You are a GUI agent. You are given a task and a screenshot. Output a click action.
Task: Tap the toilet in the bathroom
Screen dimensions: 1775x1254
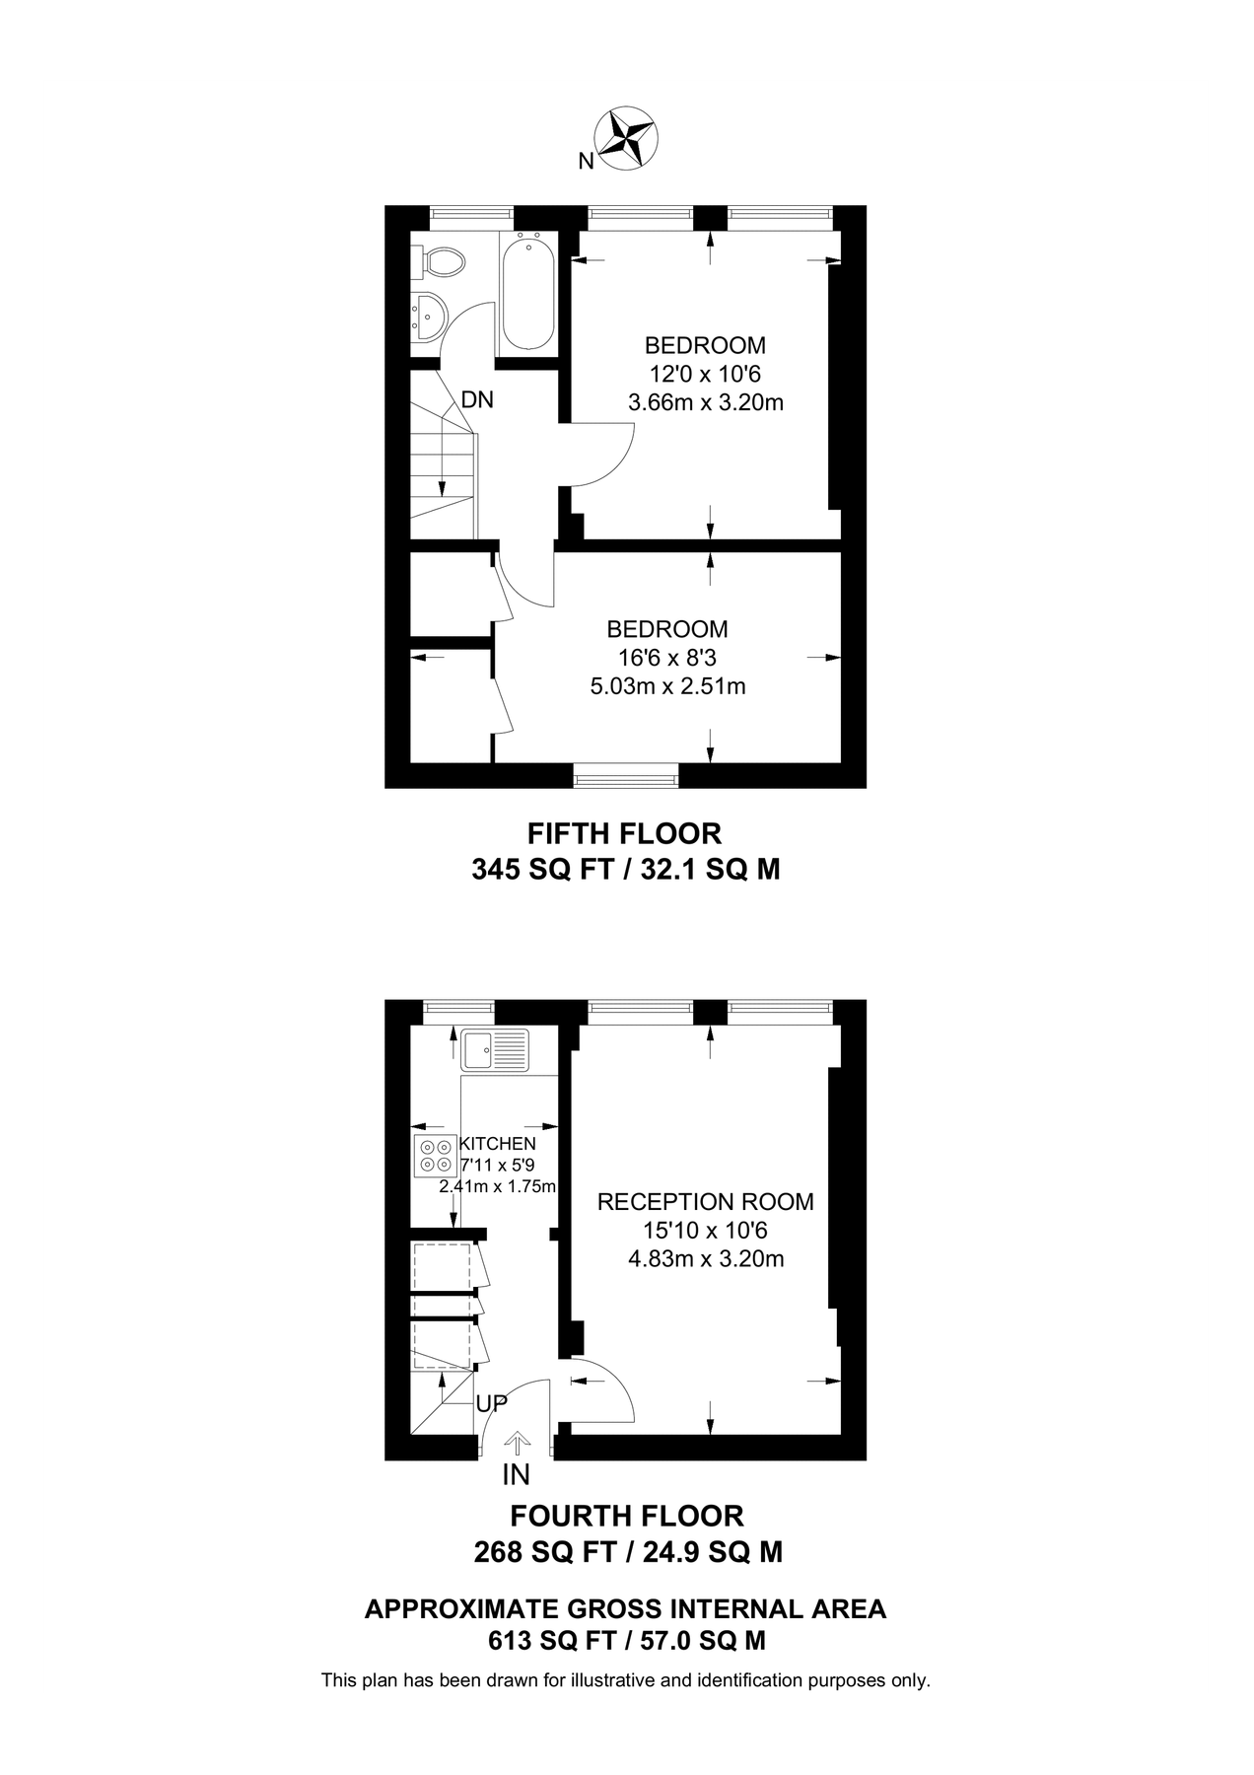[441, 261]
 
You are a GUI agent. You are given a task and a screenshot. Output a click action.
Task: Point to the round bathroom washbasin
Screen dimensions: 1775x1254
[429, 317]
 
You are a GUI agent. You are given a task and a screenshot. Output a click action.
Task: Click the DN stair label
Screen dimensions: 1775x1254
[477, 400]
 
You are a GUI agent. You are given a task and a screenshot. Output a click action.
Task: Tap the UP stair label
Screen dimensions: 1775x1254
[491, 1402]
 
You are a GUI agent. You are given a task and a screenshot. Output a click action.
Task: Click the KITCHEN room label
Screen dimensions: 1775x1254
[498, 1144]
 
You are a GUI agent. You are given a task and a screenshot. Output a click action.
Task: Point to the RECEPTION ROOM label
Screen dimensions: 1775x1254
[706, 1202]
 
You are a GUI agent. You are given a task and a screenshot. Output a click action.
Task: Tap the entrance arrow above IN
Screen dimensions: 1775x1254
[516, 1444]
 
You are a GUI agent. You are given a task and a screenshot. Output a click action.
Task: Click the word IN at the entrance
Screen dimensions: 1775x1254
[516, 1475]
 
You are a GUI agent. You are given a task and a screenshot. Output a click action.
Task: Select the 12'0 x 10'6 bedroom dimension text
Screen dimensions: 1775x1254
[705, 374]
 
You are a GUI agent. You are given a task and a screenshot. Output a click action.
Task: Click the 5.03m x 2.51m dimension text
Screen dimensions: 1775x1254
[667, 686]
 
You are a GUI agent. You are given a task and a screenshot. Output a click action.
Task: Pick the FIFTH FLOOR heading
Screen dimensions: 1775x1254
[624, 834]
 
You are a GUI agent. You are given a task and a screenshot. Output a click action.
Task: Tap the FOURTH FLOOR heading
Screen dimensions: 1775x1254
[626, 1516]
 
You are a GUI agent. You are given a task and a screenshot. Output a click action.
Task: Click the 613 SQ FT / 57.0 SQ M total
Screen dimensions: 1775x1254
[627, 1641]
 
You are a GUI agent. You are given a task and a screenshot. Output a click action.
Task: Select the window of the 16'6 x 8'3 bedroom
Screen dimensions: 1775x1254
[627, 779]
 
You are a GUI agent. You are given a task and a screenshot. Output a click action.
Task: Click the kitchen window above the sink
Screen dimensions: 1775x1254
[458, 1007]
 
